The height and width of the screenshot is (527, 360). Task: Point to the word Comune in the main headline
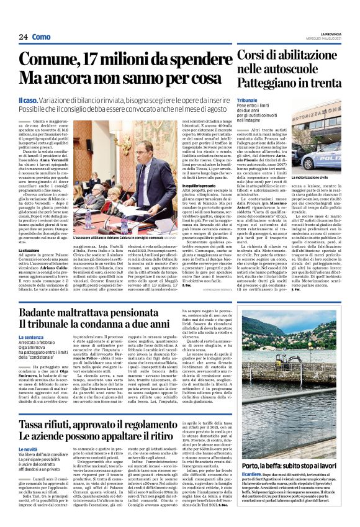[50, 61]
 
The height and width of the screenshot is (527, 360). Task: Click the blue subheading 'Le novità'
[29, 448]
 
